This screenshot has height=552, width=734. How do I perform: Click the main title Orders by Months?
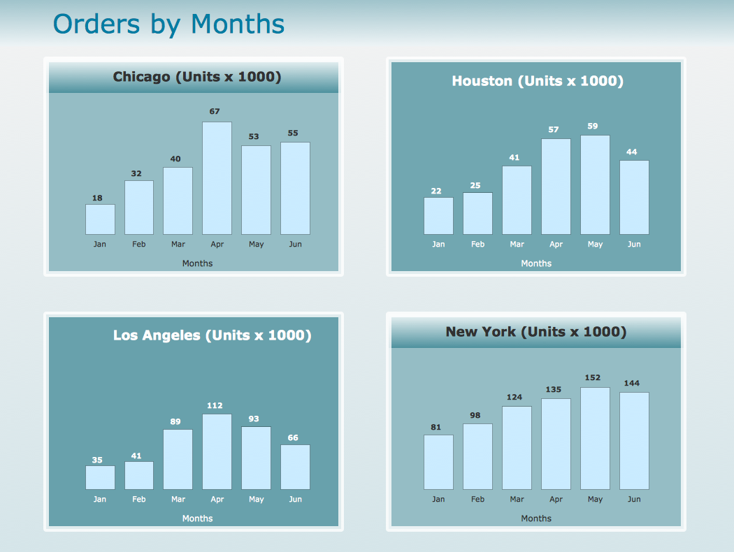pyautogui.click(x=168, y=24)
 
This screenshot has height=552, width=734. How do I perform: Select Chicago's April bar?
pyautogui.click(x=217, y=178)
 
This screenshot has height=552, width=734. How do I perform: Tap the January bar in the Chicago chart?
pyautogui.click(x=100, y=219)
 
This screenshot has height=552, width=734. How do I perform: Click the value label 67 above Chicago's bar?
pyautogui.click(x=215, y=111)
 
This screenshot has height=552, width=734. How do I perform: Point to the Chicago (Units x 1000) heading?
pyautogui.click(x=197, y=77)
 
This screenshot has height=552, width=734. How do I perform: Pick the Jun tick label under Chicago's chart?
pyautogui.click(x=295, y=245)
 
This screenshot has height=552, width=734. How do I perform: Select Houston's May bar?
pyautogui.click(x=595, y=184)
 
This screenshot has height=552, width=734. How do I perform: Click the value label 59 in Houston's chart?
pyautogui.click(x=593, y=126)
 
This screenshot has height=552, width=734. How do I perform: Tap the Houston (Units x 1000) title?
pyautogui.click(x=537, y=81)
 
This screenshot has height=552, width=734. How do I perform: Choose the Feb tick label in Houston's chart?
pyautogui.click(x=477, y=245)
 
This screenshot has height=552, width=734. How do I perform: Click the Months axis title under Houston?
pyautogui.click(x=536, y=263)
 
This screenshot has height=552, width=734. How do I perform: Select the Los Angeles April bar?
pyautogui.click(x=217, y=451)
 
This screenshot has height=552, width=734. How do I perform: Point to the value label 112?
pyautogui.click(x=215, y=405)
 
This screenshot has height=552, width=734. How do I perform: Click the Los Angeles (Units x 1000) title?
pyautogui.click(x=212, y=335)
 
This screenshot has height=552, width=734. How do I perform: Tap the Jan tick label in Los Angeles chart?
pyautogui.click(x=100, y=500)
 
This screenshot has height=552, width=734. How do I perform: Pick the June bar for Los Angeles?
pyautogui.click(x=295, y=467)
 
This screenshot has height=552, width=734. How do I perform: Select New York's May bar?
pyautogui.click(x=595, y=438)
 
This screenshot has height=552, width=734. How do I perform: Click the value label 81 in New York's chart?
pyautogui.click(x=436, y=428)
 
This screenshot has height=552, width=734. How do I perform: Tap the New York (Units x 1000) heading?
pyautogui.click(x=535, y=332)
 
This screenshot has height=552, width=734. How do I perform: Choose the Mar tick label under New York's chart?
pyautogui.click(x=517, y=500)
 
